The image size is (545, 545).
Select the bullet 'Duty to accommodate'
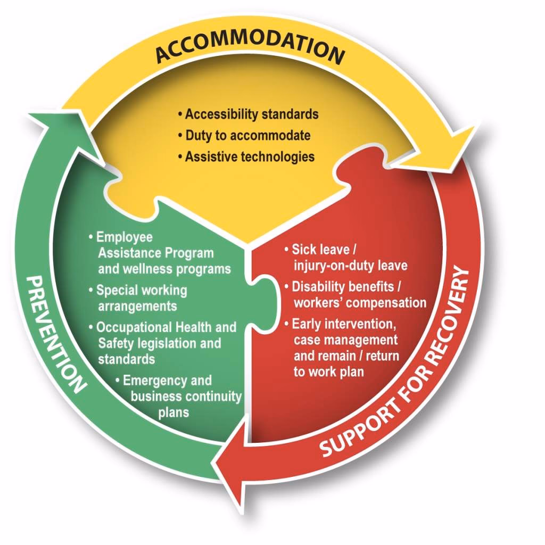pyautogui.click(x=247, y=135)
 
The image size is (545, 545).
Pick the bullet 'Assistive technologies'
pyautogui.click(x=250, y=156)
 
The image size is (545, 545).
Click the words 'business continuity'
pyautogui.click(x=186, y=397)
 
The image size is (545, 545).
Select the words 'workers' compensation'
pyautogui.click(x=360, y=303)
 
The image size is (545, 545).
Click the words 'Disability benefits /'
pyautogui.click(x=346, y=286)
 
